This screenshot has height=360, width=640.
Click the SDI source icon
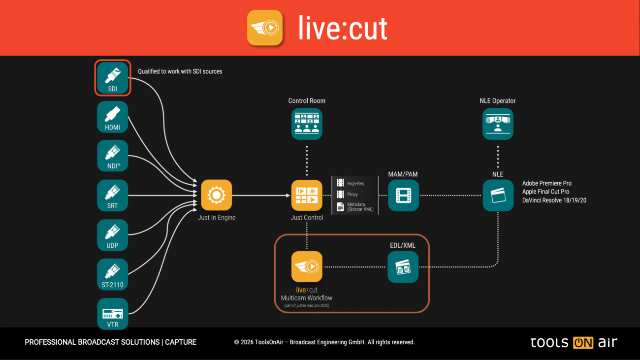[x=112, y=77]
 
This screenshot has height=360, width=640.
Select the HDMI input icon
[x=112, y=117]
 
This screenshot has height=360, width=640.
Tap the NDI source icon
[x=112, y=156]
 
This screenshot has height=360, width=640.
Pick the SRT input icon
[x=112, y=195]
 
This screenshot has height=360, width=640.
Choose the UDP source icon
[x=112, y=235]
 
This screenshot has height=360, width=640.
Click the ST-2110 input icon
[x=112, y=274]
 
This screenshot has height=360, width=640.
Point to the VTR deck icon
[x=112, y=314]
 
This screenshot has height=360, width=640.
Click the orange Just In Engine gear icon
[x=216, y=195]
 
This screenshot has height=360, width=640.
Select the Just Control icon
[x=307, y=195]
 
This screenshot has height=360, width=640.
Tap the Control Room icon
[x=307, y=124]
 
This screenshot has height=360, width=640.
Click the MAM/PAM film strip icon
[x=403, y=195]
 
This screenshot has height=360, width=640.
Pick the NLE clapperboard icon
[x=498, y=195]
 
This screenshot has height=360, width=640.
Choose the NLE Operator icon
[x=498, y=124]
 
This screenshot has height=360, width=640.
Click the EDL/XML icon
[x=403, y=267]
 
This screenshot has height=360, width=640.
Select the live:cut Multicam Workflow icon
[x=307, y=267]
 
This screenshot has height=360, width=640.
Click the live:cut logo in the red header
[x=265, y=28]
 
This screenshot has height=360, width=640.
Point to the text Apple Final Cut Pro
[x=545, y=192]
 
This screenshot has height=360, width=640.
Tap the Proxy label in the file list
[x=352, y=195]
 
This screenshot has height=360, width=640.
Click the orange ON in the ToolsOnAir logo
[x=583, y=343]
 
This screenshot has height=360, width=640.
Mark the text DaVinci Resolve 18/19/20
[x=554, y=200]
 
